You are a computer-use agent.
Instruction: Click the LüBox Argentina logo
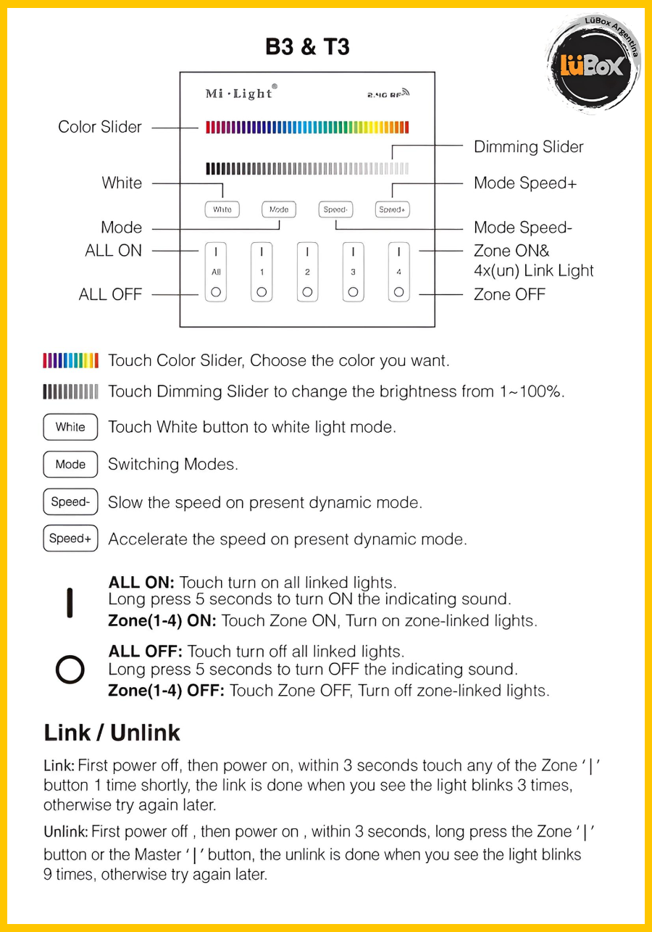tap(593, 65)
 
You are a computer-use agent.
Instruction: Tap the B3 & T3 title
tap(307, 47)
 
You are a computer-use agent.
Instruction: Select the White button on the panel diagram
tap(222, 209)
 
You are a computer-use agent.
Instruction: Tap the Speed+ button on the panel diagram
tap(392, 209)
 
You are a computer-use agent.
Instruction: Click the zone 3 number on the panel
tap(353, 272)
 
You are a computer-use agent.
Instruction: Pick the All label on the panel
tap(216, 272)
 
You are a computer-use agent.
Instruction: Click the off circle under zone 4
tap(398, 292)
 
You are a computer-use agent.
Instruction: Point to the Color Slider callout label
tap(100, 128)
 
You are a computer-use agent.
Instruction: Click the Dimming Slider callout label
tap(528, 147)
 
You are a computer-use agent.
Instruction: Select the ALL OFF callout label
tap(110, 295)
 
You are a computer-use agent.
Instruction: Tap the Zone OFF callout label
tap(509, 295)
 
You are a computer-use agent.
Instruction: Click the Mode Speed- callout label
tap(522, 228)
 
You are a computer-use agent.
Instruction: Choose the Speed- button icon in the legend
tap(70, 502)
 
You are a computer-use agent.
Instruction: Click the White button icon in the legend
tap(70, 427)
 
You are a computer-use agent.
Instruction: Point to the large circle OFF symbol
tap(70, 670)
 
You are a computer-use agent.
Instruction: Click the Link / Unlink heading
tap(112, 733)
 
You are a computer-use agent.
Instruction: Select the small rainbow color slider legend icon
tap(70, 360)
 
